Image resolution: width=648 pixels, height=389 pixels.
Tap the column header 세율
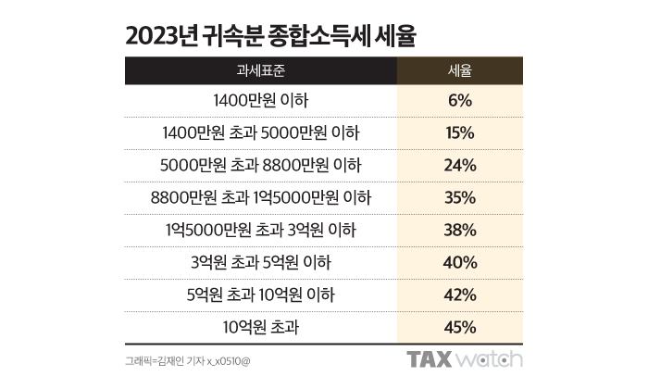click(x=459, y=70)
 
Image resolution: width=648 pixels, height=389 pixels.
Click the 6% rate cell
click(x=459, y=100)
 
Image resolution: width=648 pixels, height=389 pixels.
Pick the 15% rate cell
click(x=459, y=132)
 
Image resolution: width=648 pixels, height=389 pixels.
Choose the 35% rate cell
click(x=459, y=197)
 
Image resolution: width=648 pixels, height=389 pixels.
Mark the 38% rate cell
click(x=459, y=230)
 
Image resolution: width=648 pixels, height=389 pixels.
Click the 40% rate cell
click(x=459, y=262)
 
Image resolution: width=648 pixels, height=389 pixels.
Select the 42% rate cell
click(x=459, y=295)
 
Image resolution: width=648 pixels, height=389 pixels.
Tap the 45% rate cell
click(x=459, y=327)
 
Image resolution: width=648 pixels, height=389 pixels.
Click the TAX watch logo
click(x=465, y=360)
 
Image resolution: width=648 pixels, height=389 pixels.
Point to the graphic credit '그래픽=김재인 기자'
click(x=160, y=361)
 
